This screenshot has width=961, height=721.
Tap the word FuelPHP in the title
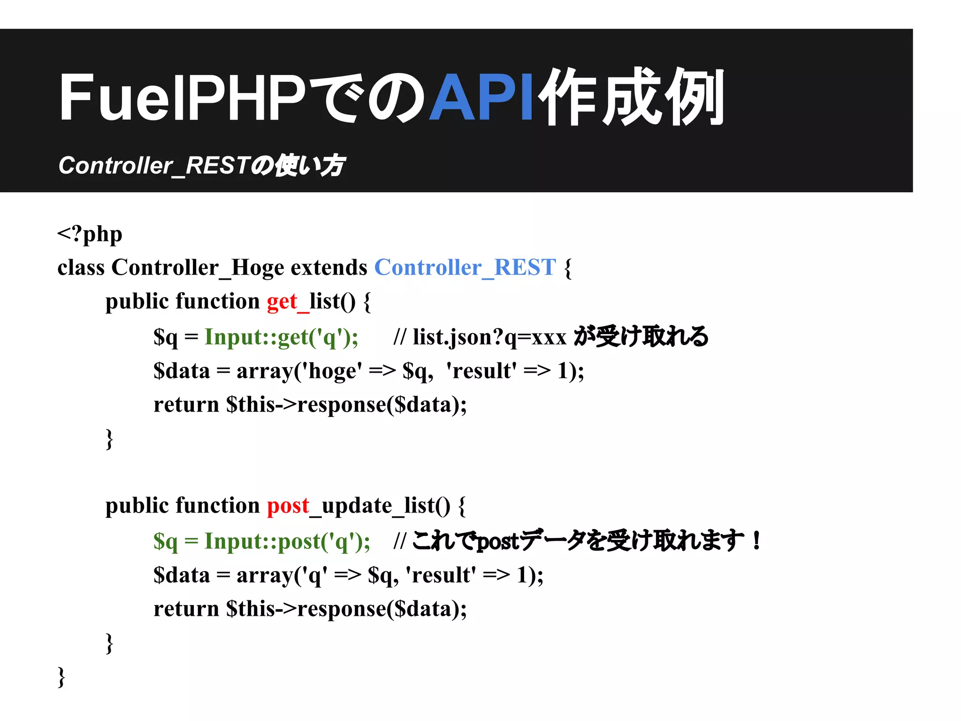pos(183,98)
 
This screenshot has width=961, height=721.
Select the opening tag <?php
pos(90,233)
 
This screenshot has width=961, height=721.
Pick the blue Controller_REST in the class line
pos(465,268)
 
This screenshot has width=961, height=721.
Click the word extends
pos(329,268)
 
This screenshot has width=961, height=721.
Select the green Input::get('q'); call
pos(282,337)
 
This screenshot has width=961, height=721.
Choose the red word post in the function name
pos(288,506)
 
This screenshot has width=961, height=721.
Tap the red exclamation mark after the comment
pos(756,540)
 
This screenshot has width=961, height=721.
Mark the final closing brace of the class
pos(61,677)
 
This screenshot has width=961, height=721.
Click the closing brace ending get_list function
pos(109,439)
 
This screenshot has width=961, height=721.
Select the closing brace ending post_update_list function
pos(109,643)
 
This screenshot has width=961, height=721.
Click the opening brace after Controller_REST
pos(568,268)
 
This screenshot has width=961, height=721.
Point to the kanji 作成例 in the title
pos(631,98)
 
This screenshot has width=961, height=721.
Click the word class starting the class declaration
pos(81,268)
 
